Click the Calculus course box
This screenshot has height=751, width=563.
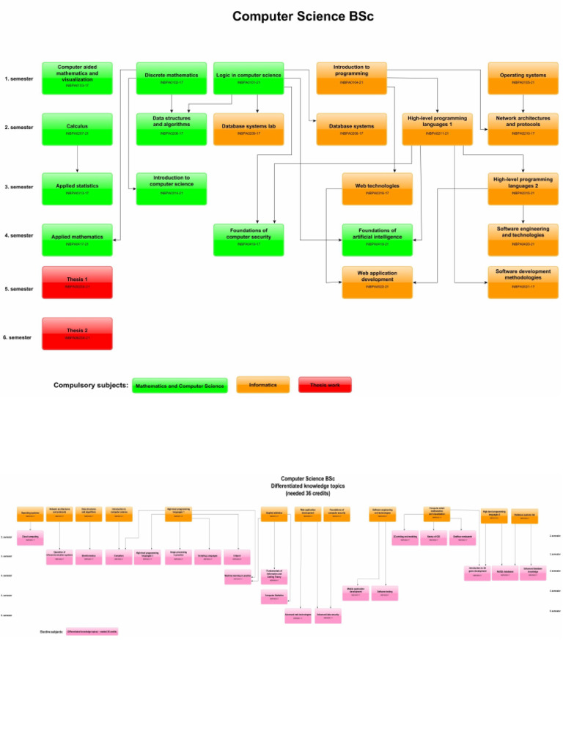point(77,128)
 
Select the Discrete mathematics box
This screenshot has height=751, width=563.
point(171,77)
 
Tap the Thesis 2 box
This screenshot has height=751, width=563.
point(77,333)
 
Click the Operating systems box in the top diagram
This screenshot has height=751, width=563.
point(523,77)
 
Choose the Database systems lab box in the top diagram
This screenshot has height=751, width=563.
point(249,128)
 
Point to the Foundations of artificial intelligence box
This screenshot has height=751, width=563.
point(377,237)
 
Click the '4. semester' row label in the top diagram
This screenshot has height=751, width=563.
point(19,235)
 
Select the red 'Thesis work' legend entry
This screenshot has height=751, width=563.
point(325,384)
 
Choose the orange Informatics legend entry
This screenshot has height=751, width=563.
point(262,384)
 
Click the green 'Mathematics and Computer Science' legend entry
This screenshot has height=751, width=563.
point(180,385)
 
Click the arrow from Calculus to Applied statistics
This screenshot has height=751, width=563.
point(77,158)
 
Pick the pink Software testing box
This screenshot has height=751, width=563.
point(384,593)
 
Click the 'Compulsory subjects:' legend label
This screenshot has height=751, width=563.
point(91,385)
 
